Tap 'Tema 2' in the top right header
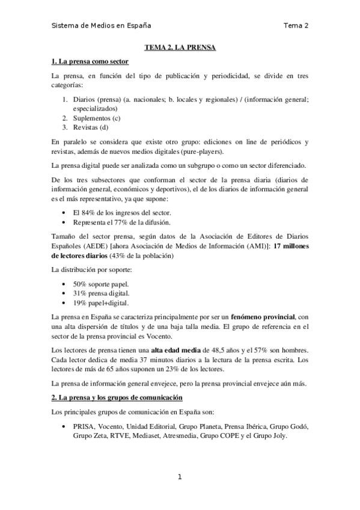pyautogui.click(x=296, y=25)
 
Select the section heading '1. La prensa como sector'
pyautogui.click(x=90, y=61)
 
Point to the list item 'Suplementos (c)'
pyautogui.click(x=97, y=118)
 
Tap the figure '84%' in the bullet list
pyautogui.click(x=90, y=213)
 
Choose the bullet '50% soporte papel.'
pyautogui.click(x=100, y=283)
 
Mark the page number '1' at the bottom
pyautogui.click(x=180, y=477)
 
